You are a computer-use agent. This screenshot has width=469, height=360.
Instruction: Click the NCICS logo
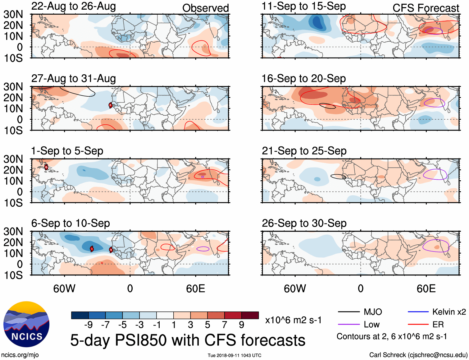(26, 324)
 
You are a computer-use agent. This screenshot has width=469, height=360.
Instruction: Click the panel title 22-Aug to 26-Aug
(74, 6)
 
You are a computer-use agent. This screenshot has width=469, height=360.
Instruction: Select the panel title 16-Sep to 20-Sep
(304, 79)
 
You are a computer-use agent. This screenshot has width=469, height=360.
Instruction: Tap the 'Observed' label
(205, 8)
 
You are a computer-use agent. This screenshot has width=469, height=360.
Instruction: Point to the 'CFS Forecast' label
(426, 8)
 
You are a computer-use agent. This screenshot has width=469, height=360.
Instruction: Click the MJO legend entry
(373, 312)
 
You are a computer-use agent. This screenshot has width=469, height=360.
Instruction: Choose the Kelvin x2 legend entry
(449, 312)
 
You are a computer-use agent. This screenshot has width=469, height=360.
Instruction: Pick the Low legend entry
(371, 325)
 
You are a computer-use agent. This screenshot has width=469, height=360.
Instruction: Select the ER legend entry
(438, 325)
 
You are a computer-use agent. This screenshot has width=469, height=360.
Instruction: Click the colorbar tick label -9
(89, 325)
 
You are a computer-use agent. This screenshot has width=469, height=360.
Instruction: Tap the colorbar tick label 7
(225, 325)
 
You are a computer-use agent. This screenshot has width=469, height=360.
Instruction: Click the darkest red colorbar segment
(250, 315)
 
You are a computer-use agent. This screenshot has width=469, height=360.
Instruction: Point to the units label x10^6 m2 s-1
(293, 320)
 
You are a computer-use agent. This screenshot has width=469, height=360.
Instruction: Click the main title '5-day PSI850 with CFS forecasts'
(188, 340)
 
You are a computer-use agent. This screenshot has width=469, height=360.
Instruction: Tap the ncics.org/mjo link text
(20, 355)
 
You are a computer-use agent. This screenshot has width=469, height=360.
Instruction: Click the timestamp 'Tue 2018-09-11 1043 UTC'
(234, 355)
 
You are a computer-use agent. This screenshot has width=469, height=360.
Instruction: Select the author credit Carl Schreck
(418, 355)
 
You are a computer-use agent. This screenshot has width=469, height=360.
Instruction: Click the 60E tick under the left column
(195, 288)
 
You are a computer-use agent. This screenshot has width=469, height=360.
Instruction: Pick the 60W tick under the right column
(295, 288)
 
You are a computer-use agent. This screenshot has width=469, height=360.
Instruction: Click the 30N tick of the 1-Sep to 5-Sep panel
(13, 159)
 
